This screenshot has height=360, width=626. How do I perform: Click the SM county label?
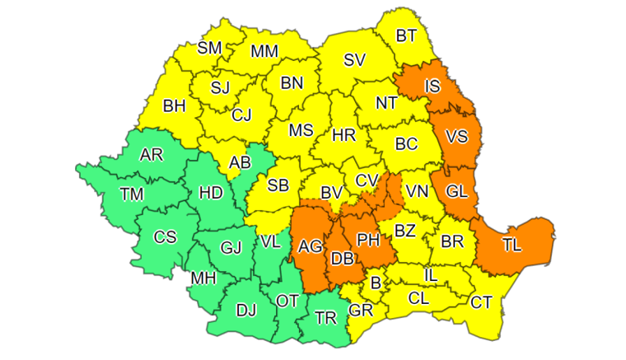click(x=210, y=49)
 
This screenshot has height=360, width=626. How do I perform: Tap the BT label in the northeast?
click(x=406, y=36)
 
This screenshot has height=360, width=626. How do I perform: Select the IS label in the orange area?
click(x=432, y=86)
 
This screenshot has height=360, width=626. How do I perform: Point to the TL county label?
click(x=512, y=245)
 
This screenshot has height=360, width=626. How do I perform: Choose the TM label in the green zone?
click(x=132, y=194)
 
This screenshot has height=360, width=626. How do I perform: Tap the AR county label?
click(x=152, y=156)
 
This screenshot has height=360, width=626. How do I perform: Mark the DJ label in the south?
click(x=245, y=311)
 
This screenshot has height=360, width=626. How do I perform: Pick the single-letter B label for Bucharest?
click(x=376, y=284)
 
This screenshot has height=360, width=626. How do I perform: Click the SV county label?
click(x=354, y=59)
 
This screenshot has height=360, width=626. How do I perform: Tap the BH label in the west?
click(x=175, y=106)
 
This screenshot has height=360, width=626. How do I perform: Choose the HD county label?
click(x=212, y=193)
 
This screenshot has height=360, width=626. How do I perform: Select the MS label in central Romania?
click(x=301, y=131)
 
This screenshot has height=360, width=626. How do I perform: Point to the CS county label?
click(x=165, y=237)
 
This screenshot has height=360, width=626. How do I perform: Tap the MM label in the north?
click(x=264, y=51)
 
